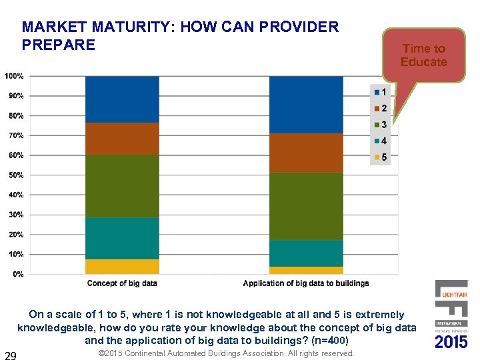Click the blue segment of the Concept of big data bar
[122, 99]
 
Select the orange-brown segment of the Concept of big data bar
[122, 139]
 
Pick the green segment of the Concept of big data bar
[122, 186]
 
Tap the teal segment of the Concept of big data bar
[122, 238]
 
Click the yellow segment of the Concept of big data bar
[122, 267]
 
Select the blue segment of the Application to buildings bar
[306, 105]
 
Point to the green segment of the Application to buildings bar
[306, 206]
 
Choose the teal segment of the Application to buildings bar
[306, 253]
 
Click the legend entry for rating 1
[380, 92]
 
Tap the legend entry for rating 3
[380, 125]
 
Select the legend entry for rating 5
[380, 157]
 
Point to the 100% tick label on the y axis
[14, 76]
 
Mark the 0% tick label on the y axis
[18, 274]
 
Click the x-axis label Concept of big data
[122, 283]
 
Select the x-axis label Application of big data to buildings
[306, 283]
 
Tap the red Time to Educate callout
[423, 55]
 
